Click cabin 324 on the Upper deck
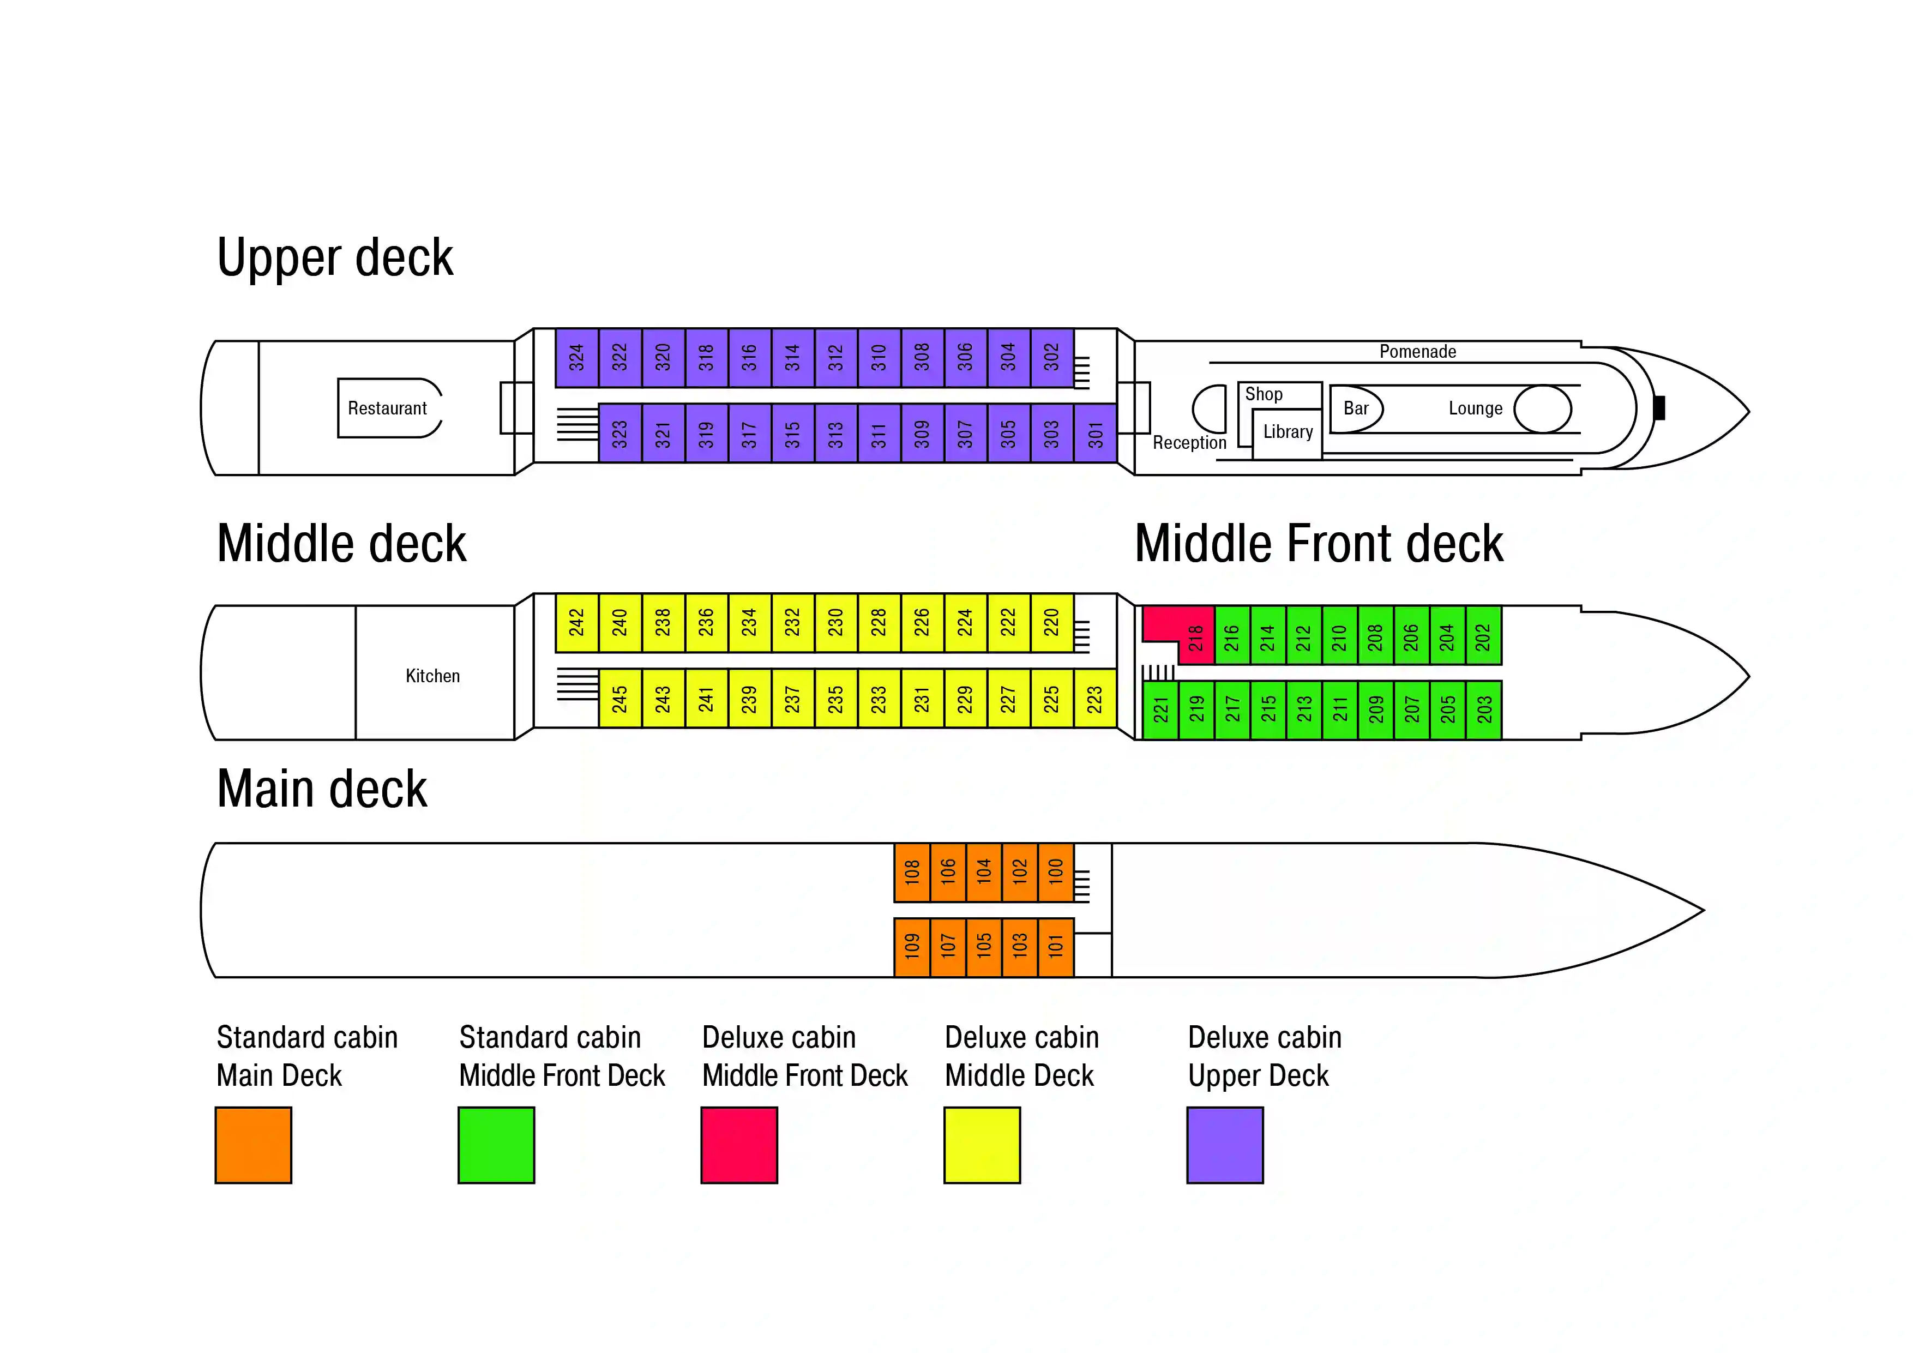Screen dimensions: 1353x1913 pos(576,357)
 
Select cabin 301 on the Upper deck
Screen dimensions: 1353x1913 pos(1095,433)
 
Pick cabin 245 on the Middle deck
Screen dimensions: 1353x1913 pos(620,698)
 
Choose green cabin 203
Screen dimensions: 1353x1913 pos(1484,710)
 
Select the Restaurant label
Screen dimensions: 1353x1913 pos(387,408)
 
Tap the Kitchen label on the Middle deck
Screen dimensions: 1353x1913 pos(432,676)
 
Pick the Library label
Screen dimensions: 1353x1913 pos(1288,431)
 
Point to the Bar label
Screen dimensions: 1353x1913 pos(1356,408)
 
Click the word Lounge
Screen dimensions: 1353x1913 pos(1475,408)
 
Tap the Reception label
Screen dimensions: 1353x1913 pos(1189,442)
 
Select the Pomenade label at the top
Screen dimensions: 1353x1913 pos(1417,352)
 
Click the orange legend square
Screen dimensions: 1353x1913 pos(253,1145)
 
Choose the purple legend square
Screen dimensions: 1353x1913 pos(1225,1145)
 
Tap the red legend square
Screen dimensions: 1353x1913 pos(739,1145)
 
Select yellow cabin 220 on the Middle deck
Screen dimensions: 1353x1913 pos(1051,622)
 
